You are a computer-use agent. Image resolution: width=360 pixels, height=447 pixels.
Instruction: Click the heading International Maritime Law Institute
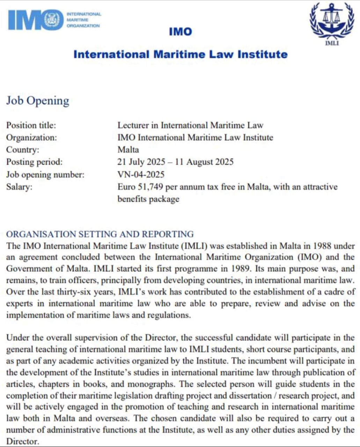click(181, 54)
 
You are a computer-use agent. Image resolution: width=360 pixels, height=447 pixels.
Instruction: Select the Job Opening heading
click(38, 101)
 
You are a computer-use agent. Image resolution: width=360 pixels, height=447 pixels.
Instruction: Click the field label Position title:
click(31, 125)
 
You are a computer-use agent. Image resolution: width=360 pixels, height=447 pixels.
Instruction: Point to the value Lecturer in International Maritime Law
click(190, 125)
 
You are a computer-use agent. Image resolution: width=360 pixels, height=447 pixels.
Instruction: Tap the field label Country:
click(23, 149)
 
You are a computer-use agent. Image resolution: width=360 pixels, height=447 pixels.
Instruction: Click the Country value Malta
click(128, 149)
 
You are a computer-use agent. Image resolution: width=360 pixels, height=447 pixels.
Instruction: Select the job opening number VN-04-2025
click(141, 174)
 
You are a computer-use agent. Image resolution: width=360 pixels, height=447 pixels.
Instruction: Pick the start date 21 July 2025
click(141, 162)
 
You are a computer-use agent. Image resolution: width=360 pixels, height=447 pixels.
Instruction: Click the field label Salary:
click(19, 186)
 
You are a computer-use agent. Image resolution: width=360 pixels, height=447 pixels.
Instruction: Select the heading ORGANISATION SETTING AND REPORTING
click(100, 234)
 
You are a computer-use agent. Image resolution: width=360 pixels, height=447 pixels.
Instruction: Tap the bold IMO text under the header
click(180, 32)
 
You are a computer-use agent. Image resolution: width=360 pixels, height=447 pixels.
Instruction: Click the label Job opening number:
click(45, 174)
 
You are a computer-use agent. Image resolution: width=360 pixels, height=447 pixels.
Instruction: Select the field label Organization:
click(31, 137)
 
